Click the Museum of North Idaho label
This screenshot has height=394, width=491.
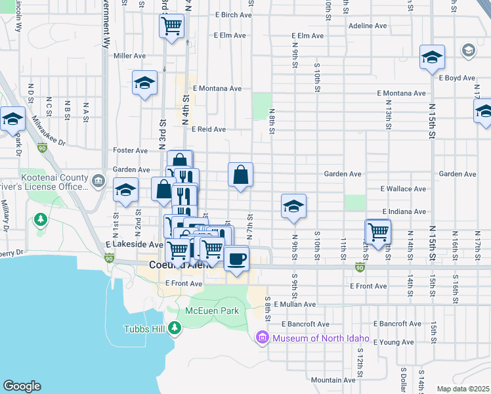click(x=321, y=339)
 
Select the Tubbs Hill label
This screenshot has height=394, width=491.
click(x=145, y=329)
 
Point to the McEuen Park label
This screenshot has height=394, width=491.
click(x=212, y=311)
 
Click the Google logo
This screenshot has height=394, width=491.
click(x=22, y=386)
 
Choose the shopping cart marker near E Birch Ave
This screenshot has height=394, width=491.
click(x=171, y=27)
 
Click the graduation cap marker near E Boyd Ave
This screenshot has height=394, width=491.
click(x=432, y=58)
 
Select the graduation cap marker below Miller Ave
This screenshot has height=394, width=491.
click(x=144, y=83)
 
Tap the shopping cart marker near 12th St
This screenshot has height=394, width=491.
click(x=378, y=232)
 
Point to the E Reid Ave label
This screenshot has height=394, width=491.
click(x=209, y=129)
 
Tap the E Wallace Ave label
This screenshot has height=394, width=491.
click(x=403, y=188)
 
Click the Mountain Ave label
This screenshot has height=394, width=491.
click(x=333, y=380)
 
